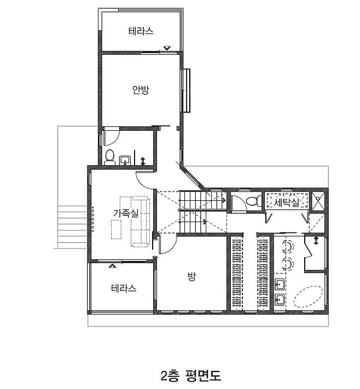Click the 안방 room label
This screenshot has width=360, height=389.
[141, 90]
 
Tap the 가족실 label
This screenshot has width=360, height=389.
[126, 213]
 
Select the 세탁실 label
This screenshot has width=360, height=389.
[286, 202]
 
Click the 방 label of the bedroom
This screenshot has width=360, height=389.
[191, 277]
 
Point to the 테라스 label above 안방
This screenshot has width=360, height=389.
[141, 31]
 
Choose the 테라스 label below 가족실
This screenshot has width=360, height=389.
[124, 288]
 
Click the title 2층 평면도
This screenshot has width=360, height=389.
[191, 375]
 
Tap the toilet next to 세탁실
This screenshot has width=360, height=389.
[253, 201]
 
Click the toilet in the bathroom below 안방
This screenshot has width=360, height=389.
[109, 157]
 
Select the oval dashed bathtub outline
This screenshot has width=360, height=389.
[308, 297]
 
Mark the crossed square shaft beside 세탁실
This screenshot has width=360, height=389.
[318, 201]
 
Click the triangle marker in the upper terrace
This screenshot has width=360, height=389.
[167, 48]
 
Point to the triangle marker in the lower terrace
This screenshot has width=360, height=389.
[112, 266]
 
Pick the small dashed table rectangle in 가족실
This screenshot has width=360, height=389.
[116, 229]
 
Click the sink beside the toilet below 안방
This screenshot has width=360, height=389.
[125, 160]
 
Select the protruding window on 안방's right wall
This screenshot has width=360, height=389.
[186, 91]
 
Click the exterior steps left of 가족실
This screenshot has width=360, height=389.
[72, 227]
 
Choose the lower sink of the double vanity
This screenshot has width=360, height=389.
[280, 300]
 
